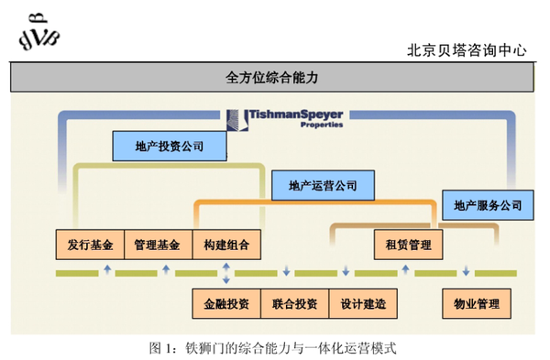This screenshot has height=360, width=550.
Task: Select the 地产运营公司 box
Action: click(323, 185)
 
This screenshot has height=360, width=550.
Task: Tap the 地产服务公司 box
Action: click(487, 204)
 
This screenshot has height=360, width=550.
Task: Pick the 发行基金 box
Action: click(90, 245)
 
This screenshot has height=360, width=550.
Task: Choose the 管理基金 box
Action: click(157, 245)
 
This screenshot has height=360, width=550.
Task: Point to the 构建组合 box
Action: click(226, 245)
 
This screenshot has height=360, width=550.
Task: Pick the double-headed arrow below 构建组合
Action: click(226, 272)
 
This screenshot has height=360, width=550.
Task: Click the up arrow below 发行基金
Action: click(107, 269)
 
